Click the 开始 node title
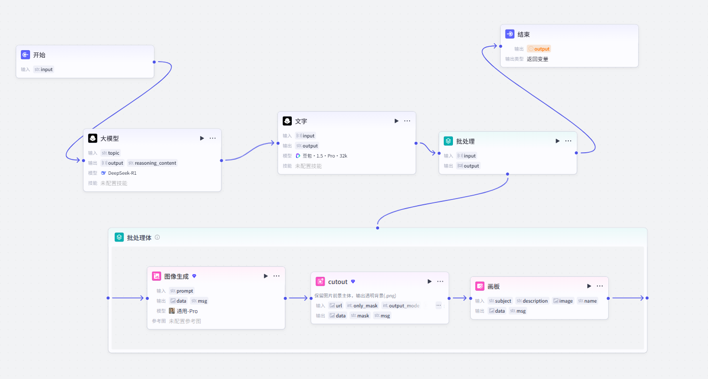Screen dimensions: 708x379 click(39, 55)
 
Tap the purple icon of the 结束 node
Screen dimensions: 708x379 click(510, 34)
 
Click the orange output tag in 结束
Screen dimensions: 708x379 click(539, 49)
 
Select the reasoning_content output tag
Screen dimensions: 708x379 click(152, 163)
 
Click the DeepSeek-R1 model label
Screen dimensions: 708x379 click(123, 173)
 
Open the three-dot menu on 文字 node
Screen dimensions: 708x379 click(407, 121)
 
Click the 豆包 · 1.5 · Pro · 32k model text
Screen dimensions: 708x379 click(325, 156)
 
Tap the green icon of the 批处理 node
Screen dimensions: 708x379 click(448, 141)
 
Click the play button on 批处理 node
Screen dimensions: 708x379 click(557, 141)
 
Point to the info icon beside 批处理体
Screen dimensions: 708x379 click(157, 237)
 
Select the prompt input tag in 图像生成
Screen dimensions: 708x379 click(182, 291)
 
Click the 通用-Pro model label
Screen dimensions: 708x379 click(187, 311)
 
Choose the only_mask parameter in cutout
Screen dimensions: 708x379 click(362, 305)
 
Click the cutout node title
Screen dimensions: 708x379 click(338, 282)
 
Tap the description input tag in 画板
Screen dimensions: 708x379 click(532, 301)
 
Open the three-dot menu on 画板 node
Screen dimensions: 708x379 click(600, 286)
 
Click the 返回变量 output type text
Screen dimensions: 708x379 click(537, 59)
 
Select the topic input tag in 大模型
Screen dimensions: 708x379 click(110, 153)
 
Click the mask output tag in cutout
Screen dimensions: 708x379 click(360, 316)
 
